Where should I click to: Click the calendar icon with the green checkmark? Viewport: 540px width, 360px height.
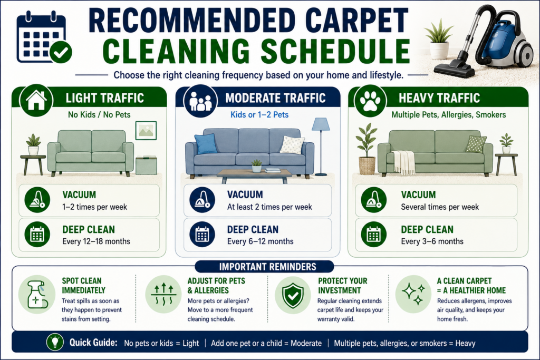coord(44,38)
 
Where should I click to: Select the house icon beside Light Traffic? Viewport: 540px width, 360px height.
coord(36,100)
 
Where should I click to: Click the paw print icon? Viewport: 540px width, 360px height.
coord(370,101)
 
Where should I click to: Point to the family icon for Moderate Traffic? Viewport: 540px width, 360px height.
coord(200,101)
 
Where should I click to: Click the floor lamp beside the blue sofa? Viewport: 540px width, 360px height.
coord(321,147)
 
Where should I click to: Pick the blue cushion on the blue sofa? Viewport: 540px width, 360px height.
coord(206,143)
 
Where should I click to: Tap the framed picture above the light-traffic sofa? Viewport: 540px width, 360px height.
coord(146,130)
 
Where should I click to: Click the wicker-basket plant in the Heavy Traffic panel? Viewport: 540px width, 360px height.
coord(367,149)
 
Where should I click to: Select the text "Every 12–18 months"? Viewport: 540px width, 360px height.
coord(96,241)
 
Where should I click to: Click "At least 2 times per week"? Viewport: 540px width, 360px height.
coord(269,207)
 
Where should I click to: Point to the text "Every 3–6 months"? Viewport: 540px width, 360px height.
coord(432,241)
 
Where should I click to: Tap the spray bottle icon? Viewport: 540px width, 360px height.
coord(37,294)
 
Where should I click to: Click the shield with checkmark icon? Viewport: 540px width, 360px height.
coord(293,295)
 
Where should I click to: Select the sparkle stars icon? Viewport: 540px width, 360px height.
coord(413,294)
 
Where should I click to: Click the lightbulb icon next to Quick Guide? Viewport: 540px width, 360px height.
coord(55,342)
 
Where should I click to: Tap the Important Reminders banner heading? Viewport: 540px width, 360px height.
coord(267,267)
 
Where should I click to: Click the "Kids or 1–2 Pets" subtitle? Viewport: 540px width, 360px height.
coord(259,114)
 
